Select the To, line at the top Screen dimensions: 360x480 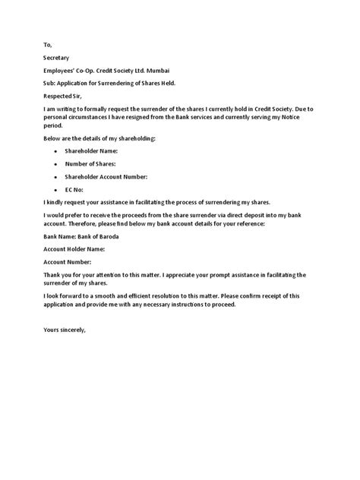[x=48, y=44]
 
